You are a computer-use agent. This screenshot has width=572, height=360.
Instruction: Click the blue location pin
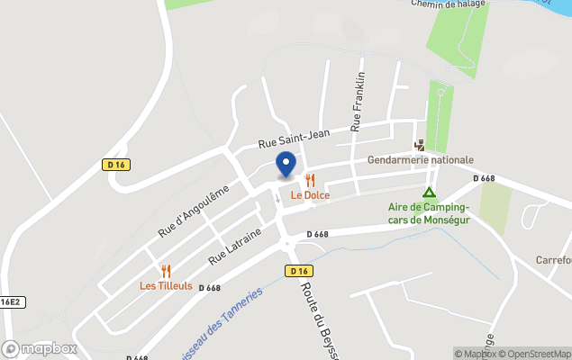coord(286,164)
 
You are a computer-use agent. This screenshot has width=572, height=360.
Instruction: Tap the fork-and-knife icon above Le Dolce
coord(310,180)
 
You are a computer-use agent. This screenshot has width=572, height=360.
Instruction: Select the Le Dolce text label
coord(310,195)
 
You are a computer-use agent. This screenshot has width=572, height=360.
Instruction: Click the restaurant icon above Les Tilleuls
coord(166,271)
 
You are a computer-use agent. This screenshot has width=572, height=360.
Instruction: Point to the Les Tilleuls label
coord(166,286)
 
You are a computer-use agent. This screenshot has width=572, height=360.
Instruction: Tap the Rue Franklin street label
coord(359,102)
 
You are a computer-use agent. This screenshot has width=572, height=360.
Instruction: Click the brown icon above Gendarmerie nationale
coord(419,145)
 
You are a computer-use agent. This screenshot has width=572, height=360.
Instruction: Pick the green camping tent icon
coord(430,192)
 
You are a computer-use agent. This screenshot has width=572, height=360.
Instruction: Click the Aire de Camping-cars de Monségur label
coord(422,214)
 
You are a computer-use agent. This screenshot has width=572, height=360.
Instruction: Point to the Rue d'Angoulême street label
coord(193,211)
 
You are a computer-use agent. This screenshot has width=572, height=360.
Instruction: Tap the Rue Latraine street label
coord(235,246)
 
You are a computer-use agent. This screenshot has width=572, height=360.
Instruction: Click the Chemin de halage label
coord(449,4)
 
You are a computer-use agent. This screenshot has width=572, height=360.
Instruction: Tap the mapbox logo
coord(40,348)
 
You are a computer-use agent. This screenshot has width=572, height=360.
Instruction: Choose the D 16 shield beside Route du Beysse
coord(299,270)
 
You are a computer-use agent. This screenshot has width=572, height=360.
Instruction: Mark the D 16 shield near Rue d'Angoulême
coord(114,164)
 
